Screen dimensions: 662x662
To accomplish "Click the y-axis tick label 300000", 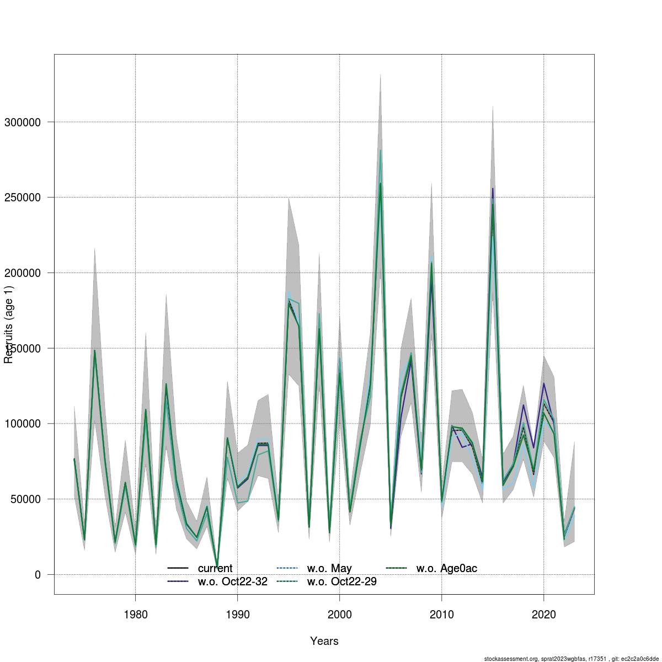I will [x=23, y=122].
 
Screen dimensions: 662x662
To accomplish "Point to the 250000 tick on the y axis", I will [x=23, y=197].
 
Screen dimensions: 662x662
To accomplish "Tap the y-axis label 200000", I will [x=23, y=273].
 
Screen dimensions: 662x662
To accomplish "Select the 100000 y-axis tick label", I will [x=23, y=424].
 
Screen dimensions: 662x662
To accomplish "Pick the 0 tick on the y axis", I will [x=38, y=575].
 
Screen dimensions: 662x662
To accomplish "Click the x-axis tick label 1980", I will [x=135, y=615].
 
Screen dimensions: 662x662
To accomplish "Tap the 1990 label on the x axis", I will [x=237, y=615].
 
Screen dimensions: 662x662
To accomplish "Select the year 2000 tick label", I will [x=339, y=615].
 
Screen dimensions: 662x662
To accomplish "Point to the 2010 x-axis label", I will [x=441, y=615].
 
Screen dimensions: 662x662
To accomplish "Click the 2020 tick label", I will [x=543, y=615].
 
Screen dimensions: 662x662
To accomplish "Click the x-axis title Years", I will [x=324, y=641].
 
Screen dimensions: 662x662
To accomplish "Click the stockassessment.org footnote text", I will [x=572, y=659].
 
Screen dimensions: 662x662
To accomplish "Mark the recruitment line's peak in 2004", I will [x=380, y=183].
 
